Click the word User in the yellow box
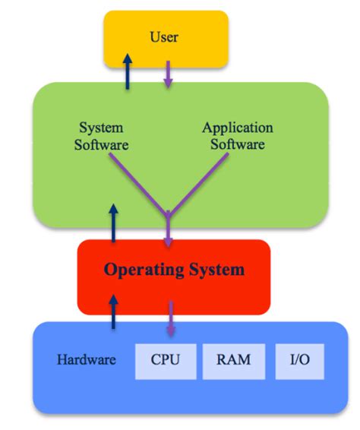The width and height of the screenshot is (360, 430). [164, 36]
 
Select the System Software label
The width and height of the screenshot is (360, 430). [102, 135]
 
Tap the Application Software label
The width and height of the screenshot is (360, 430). [237, 135]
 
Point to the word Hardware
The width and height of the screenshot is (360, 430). [87, 359]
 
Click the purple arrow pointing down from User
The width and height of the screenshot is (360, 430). [169, 74]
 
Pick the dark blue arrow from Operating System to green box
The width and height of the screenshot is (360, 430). [114, 223]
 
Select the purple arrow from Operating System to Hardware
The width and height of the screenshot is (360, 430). [169, 319]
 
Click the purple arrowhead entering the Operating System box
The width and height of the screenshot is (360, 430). [169, 241]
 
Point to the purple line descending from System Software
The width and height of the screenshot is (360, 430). [137, 181]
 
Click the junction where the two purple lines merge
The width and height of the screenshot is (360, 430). [169, 213]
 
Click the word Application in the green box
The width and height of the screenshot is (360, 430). [237, 128]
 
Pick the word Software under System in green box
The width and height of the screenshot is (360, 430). [102, 144]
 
